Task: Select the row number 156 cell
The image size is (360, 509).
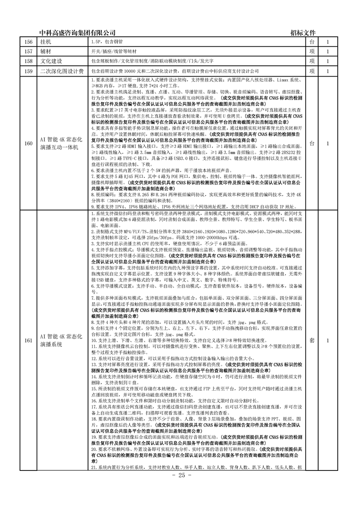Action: coord(29,42)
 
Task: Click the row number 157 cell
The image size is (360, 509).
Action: coord(29,52)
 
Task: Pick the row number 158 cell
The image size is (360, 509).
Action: coord(29,61)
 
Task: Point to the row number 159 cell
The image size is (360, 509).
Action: coord(29,71)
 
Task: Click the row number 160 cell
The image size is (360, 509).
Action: coord(29,144)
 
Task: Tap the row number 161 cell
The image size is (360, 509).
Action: coord(29,340)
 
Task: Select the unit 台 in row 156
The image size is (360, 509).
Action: coord(311,42)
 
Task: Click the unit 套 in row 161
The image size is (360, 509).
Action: coord(311,340)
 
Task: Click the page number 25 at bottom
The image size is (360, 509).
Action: coord(180,475)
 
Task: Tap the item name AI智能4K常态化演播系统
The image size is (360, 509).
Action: coord(62,340)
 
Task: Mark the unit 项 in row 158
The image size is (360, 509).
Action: coord(311,61)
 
